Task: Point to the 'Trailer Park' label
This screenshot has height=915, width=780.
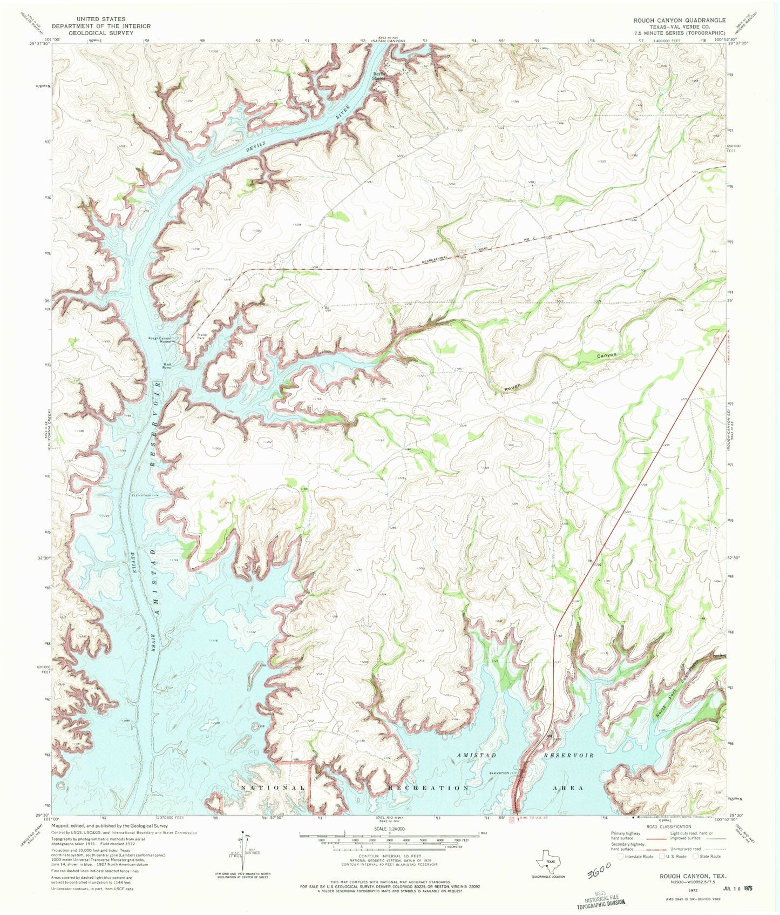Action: tap(202, 337)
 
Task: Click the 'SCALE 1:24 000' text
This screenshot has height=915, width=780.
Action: tap(389, 829)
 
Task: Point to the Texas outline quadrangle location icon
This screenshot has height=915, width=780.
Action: tap(547, 858)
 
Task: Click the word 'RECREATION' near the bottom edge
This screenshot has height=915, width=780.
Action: tap(429, 788)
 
